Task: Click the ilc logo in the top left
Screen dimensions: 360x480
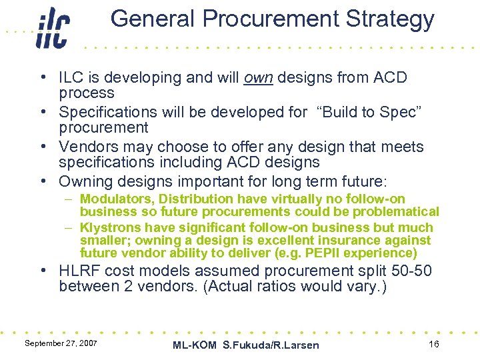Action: [x=53, y=29]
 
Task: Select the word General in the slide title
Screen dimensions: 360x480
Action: [x=149, y=19]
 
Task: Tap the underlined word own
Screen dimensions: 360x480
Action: [x=259, y=78]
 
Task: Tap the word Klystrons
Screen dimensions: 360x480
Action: [x=111, y=227]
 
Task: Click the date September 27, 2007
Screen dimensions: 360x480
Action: [x=61, y=343]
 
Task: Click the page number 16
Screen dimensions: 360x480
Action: [x=434, y=343]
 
